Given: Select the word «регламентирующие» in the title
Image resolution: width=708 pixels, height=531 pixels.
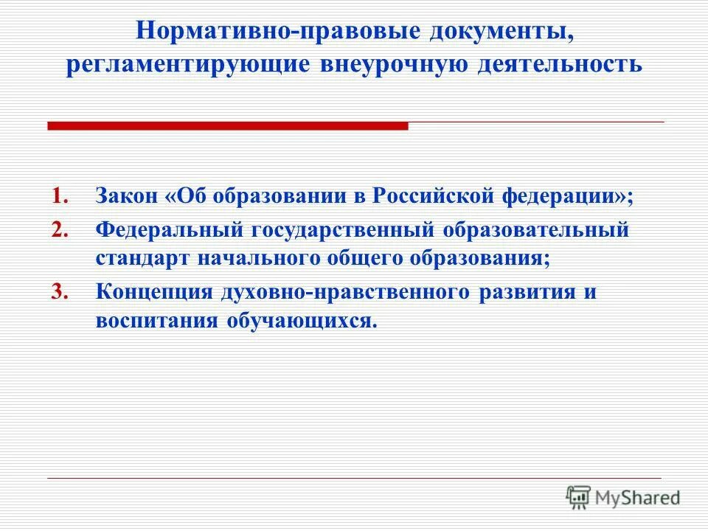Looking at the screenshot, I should click(188, 64).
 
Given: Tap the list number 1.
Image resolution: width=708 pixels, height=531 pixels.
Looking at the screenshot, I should click(60, 198).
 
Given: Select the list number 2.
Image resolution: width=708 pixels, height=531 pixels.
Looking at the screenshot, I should click(60, 229).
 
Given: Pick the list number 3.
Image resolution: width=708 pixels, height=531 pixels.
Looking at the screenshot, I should click(60, 291).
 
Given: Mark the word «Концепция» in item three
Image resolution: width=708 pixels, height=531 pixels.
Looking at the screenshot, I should click(153, 291).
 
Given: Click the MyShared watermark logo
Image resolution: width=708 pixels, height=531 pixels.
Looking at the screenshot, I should click(623, 498).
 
